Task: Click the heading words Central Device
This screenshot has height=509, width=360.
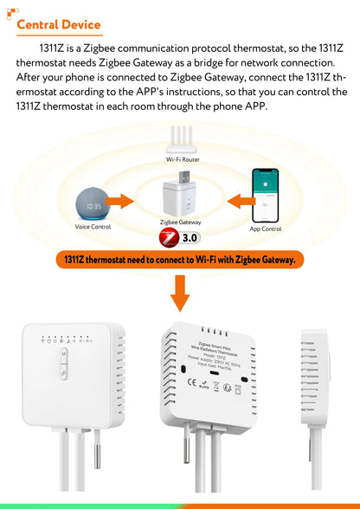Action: point(59,25)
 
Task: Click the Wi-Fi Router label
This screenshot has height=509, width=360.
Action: point(183,160)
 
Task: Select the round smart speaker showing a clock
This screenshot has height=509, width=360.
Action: point(93,204)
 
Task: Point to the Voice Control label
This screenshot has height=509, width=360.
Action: point(93,227)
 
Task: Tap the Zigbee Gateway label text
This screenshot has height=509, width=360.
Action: point(183,222)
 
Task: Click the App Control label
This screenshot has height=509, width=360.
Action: point(266,229)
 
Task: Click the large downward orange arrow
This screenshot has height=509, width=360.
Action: point(180,293)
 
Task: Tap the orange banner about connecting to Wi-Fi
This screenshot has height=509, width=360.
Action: point(180,259)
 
